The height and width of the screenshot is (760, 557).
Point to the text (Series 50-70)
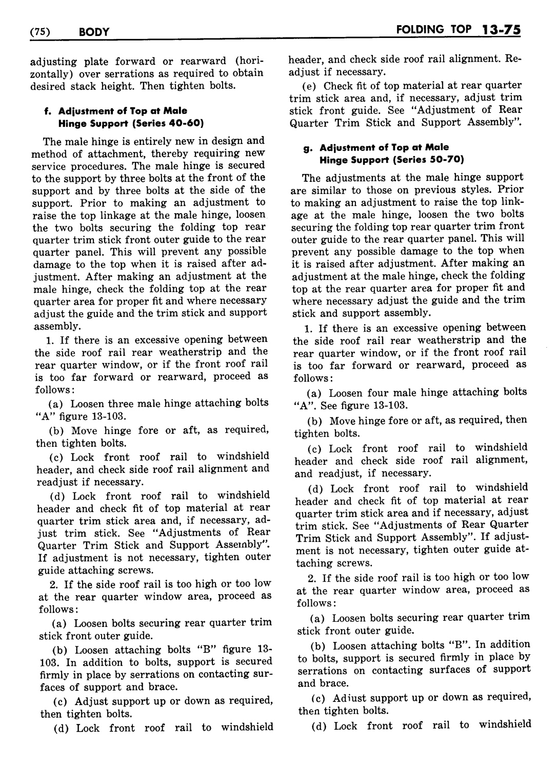pyautogui.click(x=435, y=160)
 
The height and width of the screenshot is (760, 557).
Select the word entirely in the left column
pyautogui.click(x=143, y=141)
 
